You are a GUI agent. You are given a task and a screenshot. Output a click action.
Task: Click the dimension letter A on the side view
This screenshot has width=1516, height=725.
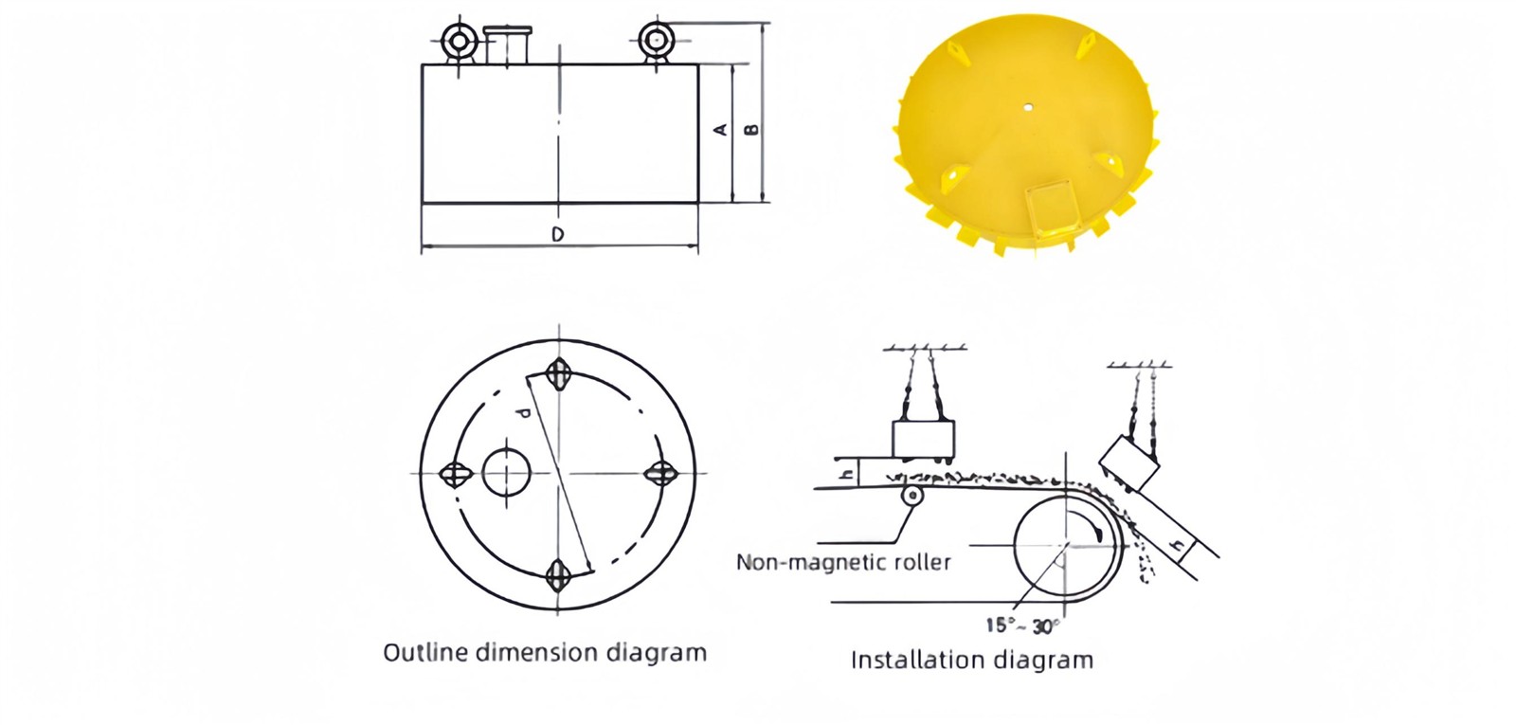click(x=721, y=129)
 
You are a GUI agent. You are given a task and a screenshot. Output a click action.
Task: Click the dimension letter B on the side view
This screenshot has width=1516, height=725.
click(x=751, y=129)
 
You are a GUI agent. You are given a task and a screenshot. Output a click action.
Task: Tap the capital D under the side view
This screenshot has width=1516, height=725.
click(x=558, y=234)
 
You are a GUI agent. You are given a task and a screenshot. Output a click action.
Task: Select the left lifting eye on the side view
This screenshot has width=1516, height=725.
click(x=459, y=43)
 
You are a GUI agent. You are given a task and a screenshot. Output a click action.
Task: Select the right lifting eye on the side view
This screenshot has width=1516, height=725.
click(x=656, y=42)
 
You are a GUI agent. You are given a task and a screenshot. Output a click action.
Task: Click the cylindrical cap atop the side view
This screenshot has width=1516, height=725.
click(x=508, y=45)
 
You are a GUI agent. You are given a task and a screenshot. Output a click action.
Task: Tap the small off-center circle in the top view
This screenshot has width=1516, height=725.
click(x=506, y=473)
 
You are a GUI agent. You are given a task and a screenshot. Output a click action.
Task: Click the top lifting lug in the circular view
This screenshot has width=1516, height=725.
click(x=558, y=373)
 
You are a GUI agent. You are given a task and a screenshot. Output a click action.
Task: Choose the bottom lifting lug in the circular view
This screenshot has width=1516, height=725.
click(x=557, y=576)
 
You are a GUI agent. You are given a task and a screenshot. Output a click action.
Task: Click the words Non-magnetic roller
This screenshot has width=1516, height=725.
click(x=843, y=562)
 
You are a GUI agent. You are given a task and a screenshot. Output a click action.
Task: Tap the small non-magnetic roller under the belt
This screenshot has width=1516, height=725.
click(x=911, y=496)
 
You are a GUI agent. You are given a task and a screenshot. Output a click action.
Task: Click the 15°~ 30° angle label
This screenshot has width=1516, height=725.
click(x=1021, y=626)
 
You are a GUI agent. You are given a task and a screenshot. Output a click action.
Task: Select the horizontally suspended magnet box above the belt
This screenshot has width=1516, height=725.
click(x=923, y=439)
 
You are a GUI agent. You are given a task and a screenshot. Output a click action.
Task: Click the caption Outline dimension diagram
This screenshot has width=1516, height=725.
click(x=545, y=653)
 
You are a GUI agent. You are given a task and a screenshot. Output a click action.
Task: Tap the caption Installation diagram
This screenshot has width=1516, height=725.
click(x=972, y=660)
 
